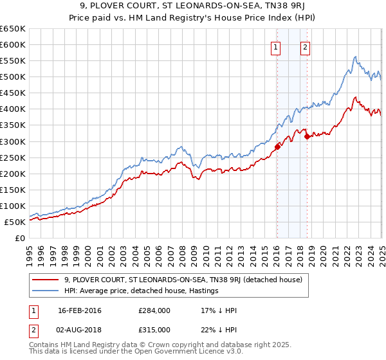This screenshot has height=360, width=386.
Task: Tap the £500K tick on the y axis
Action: click(12, 77)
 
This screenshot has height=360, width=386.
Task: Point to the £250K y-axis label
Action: click(12, 157)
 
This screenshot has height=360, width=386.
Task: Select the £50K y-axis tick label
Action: click(15, 222)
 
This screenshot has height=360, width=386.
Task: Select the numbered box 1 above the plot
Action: click(275, 46)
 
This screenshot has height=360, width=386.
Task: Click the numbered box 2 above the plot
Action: click(305, 46)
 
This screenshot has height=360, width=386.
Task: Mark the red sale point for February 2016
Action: click(277, 147)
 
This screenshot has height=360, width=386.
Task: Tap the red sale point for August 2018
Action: click(307, 136)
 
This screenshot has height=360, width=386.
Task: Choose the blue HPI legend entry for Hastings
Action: click(142, 291)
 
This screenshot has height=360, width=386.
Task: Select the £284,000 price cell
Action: click(154, 310)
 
